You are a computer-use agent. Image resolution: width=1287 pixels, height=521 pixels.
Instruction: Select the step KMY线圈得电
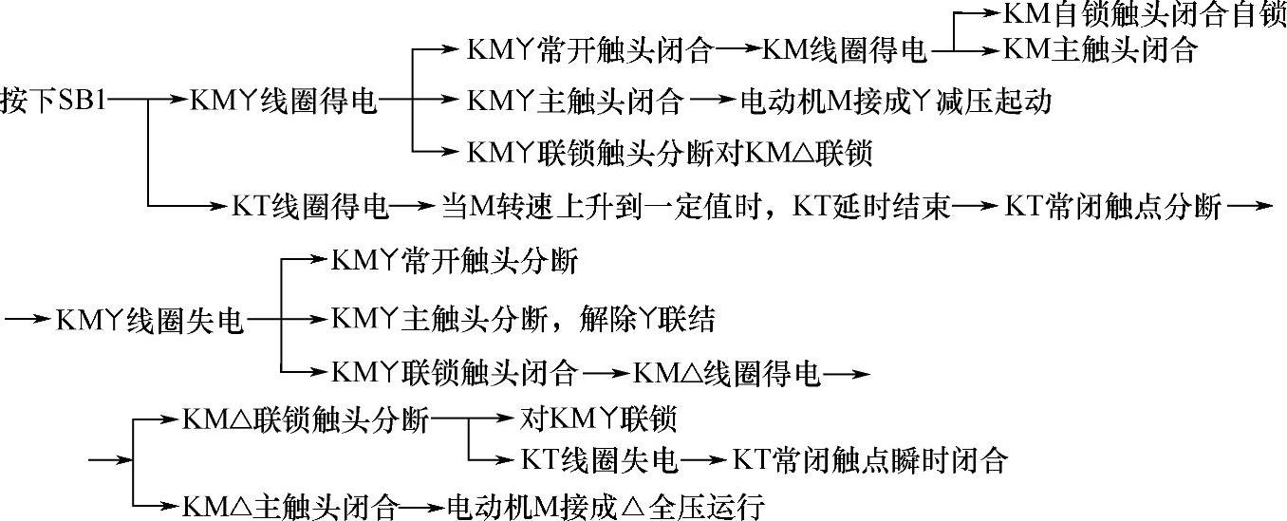pos(283,100)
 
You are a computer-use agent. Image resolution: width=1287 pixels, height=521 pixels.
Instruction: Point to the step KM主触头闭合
pos(1100,50)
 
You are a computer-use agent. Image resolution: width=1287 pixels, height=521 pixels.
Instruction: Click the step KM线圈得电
pos(844,50)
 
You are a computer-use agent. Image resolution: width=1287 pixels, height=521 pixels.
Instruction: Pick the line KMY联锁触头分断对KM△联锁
pos(670,152)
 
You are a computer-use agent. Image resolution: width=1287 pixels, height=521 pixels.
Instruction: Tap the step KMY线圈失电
pos(150,322)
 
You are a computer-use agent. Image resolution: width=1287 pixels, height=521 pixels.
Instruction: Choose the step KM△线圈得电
pos(725,373)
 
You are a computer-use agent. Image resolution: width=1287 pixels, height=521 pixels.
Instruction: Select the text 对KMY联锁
pos(600,418)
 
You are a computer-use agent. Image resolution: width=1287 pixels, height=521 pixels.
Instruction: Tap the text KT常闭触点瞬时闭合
pos(868,460)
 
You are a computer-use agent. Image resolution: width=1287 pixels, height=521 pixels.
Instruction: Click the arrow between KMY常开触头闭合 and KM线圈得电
pos(737,50)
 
